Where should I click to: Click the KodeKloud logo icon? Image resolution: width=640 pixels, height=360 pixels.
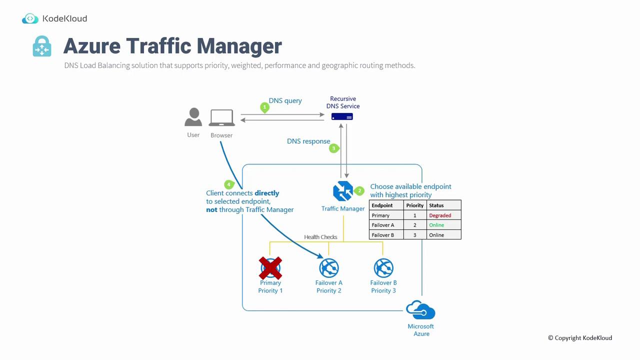coord(30,18)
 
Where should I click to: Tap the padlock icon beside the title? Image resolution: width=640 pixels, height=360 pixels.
coord(42,46)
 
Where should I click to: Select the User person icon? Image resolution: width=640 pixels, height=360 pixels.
coord(193,117)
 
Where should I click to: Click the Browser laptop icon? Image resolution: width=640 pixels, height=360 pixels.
coord(222,118)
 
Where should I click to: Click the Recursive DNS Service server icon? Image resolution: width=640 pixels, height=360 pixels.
coord(342,116)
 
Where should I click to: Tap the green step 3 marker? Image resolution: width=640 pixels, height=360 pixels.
coord(333,148)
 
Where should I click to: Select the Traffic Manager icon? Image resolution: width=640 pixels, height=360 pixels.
coord(342,191)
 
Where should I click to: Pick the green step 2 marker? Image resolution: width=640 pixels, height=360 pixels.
coord(359,191)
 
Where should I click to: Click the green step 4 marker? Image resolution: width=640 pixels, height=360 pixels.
coord(229,185)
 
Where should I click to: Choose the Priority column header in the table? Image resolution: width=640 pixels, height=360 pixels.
coord(415,205)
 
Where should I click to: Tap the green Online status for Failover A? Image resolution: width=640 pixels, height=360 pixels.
coord(436,225)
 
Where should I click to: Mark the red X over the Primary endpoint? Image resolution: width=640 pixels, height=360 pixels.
coord(270,268)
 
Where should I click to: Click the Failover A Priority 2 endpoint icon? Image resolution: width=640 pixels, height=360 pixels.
coord(329,268)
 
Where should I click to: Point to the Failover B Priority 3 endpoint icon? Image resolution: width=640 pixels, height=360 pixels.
coord(383,268)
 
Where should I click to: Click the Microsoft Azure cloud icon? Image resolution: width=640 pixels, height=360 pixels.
coord(421,310)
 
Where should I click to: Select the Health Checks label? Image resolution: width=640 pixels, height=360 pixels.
coord(320,237)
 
